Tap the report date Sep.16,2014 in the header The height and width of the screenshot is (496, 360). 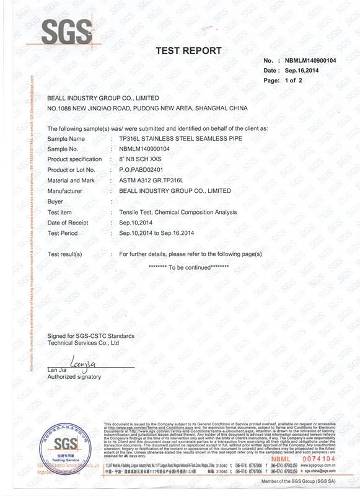coord(305,71)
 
